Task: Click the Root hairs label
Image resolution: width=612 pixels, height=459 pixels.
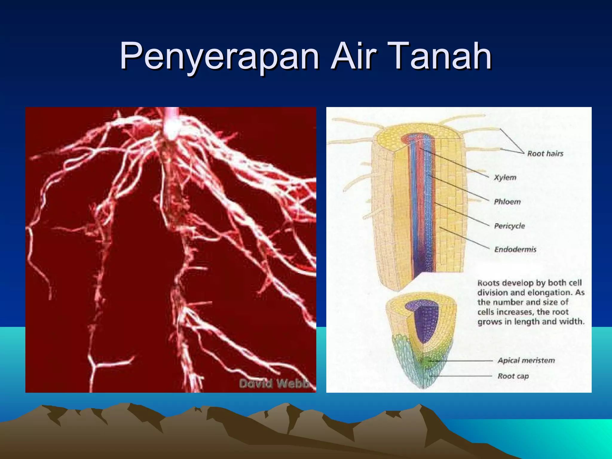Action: pos(545,154)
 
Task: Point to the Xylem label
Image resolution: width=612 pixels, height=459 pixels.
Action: pos(505,178)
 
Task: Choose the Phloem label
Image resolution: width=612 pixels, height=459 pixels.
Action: pos(507,202)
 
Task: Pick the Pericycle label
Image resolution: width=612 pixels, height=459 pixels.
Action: pos(509,226)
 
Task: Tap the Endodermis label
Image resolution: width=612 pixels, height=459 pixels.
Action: pos(515,250)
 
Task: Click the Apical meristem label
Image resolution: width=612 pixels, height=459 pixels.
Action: pos(526,360)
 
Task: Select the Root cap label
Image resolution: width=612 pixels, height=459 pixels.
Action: pos(513,376)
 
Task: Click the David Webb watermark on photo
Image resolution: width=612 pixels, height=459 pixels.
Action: pos(274,383)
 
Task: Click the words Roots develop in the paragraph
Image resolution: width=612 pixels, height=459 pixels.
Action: pos(502,283)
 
